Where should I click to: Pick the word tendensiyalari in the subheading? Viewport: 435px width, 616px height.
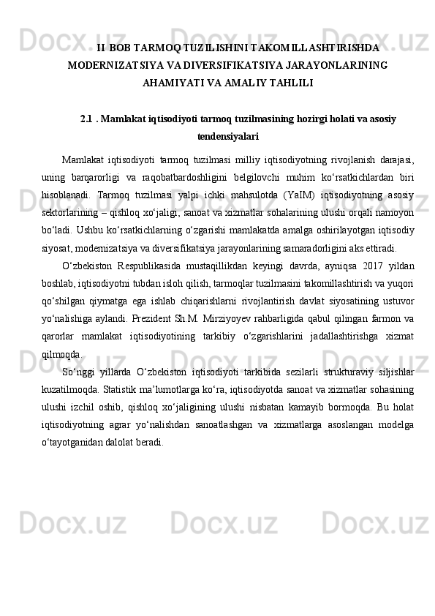tap(227, 135)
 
